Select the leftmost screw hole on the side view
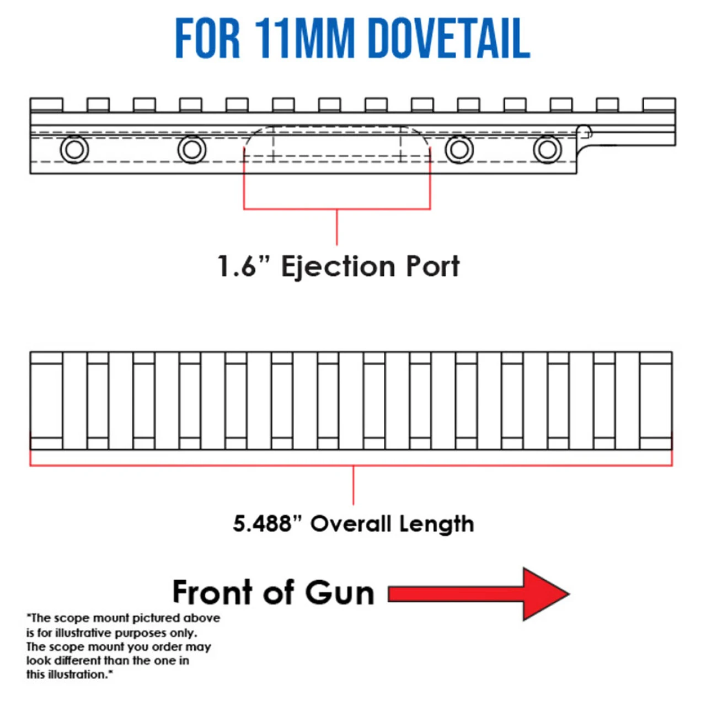point(74,149)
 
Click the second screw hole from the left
point(192,149)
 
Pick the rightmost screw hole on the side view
point(547,149)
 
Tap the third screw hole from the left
point(459,149)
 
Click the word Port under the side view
point(433,266)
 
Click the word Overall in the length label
point(351,523)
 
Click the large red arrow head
point(543,594)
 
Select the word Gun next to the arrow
point(339,593)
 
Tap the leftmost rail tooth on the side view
point(46,105)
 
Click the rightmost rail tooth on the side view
point(659,105)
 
